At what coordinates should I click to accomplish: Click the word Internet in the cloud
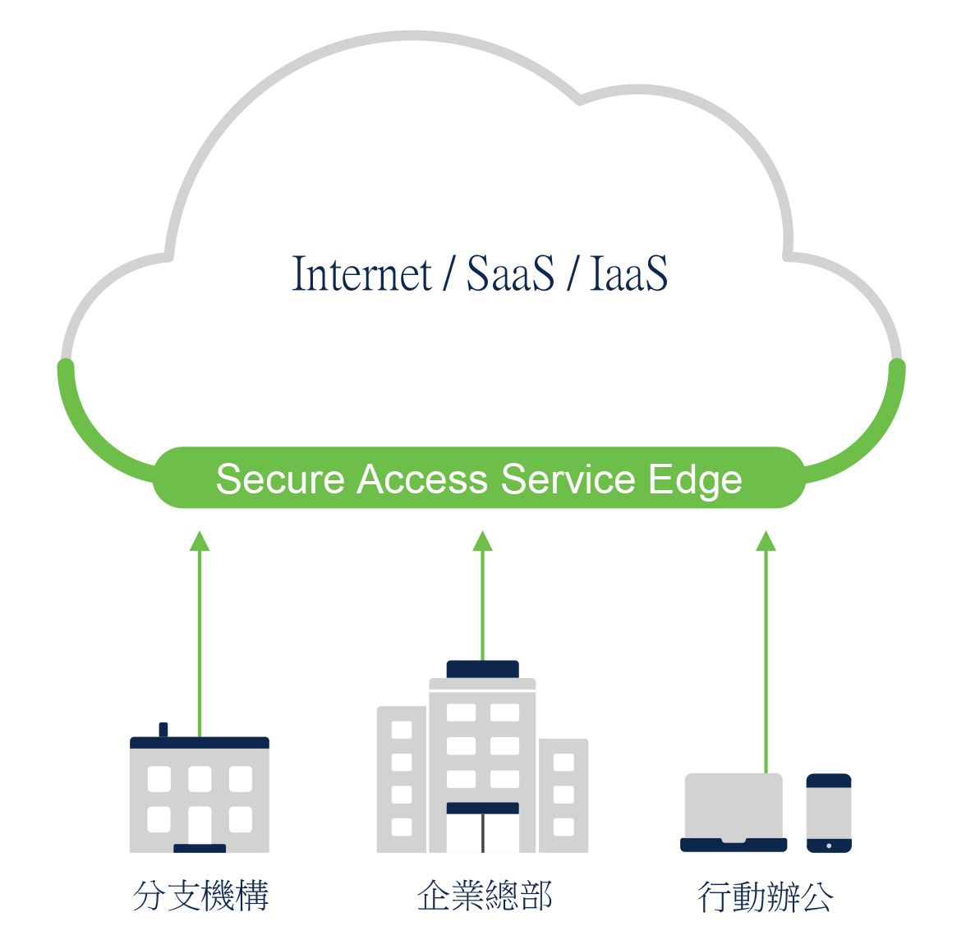[361, 274]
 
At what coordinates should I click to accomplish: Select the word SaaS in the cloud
[510, 274]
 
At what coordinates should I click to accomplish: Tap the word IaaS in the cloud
[628, 274]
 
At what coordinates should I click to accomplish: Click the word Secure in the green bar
[279, 479]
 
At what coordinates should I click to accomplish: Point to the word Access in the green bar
[422, 479]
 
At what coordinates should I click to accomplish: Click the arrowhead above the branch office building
[200, 541]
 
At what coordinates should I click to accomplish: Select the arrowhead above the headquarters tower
[483, 541]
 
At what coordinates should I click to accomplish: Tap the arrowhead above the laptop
[766, 541]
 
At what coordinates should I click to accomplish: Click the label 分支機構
[200, 896]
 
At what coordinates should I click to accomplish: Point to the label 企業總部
[484, 896]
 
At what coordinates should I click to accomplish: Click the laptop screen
[734, 805]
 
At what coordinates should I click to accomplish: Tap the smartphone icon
[829, 813]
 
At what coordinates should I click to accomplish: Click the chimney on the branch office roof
[163, 730]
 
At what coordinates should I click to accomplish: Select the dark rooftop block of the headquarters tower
[483, 669]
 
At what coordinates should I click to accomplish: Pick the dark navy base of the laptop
[734, 845]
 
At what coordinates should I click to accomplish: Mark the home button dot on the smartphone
[829, 846]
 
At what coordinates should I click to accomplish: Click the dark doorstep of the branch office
[200, 848]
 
